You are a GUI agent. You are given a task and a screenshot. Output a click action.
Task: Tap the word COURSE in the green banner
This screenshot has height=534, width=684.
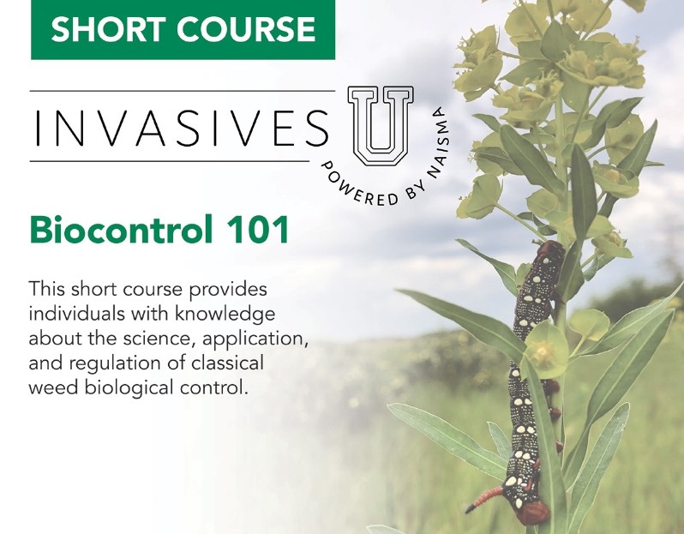[x=246, y=29]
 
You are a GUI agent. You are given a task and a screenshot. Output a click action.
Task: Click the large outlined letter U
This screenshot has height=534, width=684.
[x=381, y=126]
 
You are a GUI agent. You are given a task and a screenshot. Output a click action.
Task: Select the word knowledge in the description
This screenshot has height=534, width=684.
[x=225, y=315]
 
